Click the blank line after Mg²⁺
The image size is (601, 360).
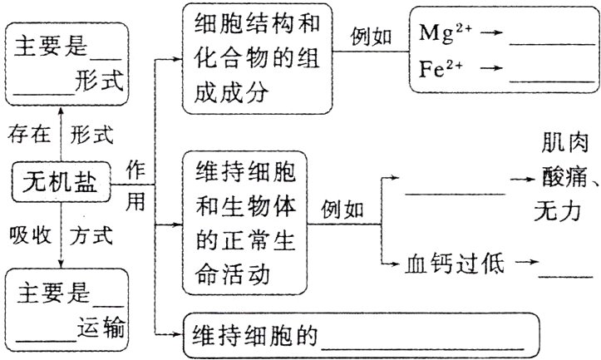click(x=544, y=47)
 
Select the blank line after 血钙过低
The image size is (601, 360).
click(x=565, y=274)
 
